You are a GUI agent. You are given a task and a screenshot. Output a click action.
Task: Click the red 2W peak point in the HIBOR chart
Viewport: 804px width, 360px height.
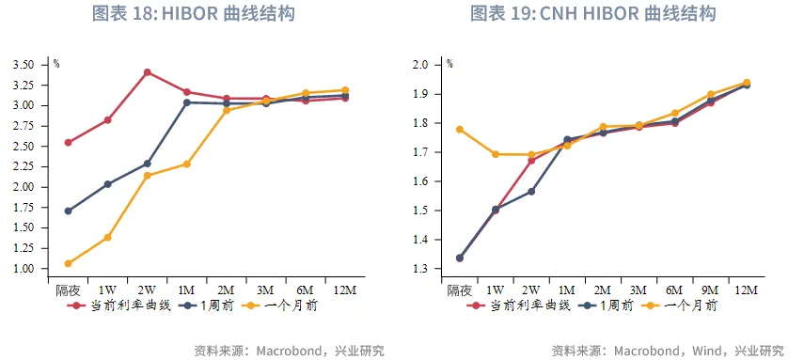(148, 72)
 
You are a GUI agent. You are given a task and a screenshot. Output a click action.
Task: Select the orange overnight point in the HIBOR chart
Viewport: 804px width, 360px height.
(68, 264)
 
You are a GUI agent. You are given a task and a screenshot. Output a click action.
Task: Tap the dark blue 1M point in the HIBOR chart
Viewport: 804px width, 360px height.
(187, 102)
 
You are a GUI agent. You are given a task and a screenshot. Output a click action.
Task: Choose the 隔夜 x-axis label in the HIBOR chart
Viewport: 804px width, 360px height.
(69, 290)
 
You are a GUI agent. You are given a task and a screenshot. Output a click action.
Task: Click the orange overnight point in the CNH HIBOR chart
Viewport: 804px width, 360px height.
(460, 130)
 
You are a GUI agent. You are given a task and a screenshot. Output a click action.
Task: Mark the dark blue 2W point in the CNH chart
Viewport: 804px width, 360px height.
(531, 192)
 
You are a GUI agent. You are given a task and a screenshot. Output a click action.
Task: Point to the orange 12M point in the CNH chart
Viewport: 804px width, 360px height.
(747, 83)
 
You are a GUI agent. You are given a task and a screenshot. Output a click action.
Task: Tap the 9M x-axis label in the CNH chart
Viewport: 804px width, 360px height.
(711, 290)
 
